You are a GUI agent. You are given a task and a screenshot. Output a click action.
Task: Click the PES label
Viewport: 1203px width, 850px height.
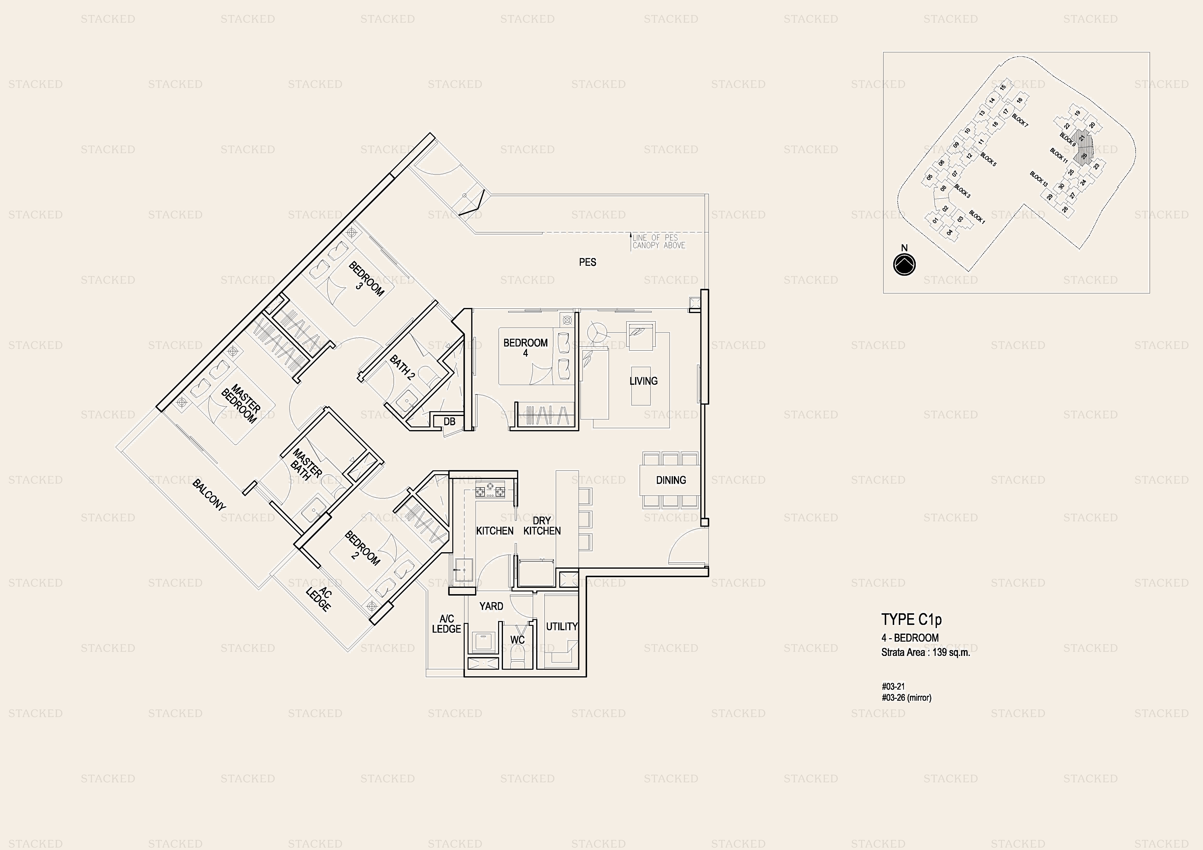(x=587, y=262)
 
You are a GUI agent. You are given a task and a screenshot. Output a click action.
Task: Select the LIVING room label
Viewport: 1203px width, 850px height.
(x=643, y=381)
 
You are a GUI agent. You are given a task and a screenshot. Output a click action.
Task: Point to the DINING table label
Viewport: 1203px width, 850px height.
(x=671, y=480)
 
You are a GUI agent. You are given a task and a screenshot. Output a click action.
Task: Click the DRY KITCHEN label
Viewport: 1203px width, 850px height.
(x=542, y=525)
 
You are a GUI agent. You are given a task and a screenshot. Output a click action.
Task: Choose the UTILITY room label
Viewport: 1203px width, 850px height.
(x=562, y=626)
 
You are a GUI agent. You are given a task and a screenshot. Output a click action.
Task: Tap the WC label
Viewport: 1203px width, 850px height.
(x=517, y=639)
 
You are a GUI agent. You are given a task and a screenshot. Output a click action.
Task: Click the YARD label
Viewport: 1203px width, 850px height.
(x=491, y=606)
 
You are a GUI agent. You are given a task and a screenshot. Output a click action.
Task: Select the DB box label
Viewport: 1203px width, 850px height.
(x=449, y=421)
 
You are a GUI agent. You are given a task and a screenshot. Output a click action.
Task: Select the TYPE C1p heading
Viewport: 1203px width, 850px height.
(x=912, y=620)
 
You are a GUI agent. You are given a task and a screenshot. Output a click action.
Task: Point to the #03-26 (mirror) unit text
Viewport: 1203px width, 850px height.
(x=907, y=698)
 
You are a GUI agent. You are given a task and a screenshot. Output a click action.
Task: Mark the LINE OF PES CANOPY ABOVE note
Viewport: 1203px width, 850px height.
(x=659, y=241)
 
